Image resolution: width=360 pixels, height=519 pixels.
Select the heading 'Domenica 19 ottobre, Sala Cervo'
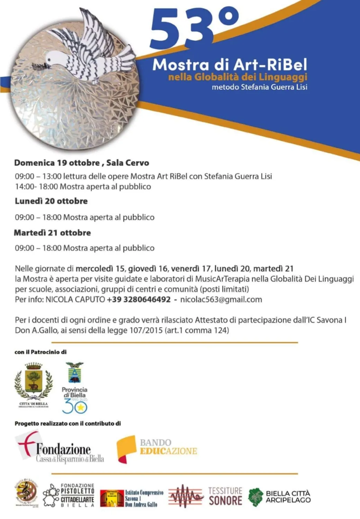(x=82, y=163)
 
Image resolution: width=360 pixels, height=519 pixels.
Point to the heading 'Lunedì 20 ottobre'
(x=51, y=201)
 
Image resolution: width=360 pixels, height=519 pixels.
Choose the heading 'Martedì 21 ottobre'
(x=52, y=233)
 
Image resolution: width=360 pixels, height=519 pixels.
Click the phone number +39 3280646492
(x=139, y=299)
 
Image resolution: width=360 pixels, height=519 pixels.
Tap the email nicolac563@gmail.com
(x=221, y=299)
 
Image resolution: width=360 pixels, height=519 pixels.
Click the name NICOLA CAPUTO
(x=75, y=299)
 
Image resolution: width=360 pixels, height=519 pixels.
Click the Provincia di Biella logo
(x=74, y=388)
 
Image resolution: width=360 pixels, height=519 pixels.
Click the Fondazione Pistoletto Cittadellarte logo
(x=69, y=495)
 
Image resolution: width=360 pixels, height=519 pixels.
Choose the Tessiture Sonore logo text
(x=225, y=496)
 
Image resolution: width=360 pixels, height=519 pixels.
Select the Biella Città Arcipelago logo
(x=279, y=496)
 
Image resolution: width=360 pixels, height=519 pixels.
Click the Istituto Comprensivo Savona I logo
(x=132, y=498)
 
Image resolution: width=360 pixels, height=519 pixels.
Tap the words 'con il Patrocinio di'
(x=40, y=352)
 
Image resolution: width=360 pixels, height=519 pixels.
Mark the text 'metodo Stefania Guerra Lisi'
(x=259, y=87)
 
